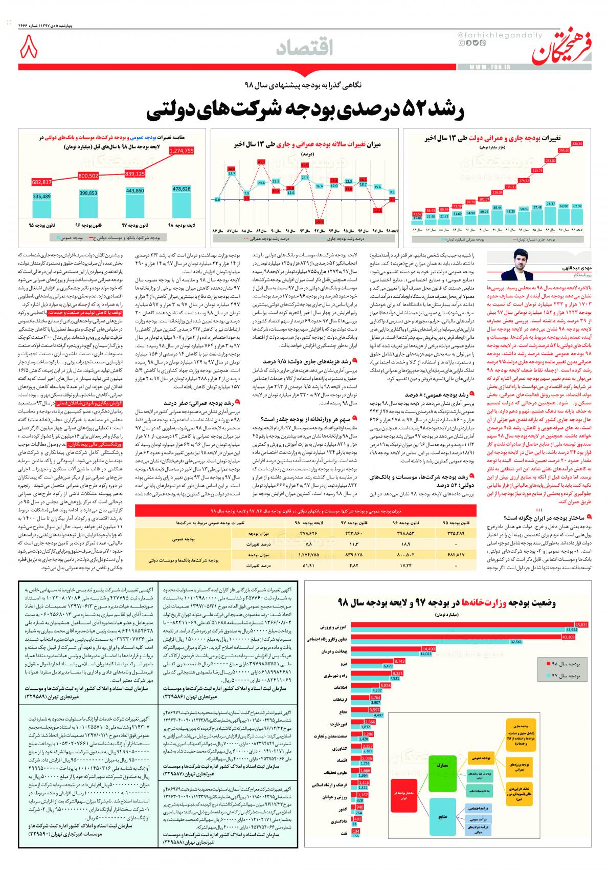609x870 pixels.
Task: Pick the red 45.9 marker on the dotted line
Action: pyautogui.click(x=262, y=162)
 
